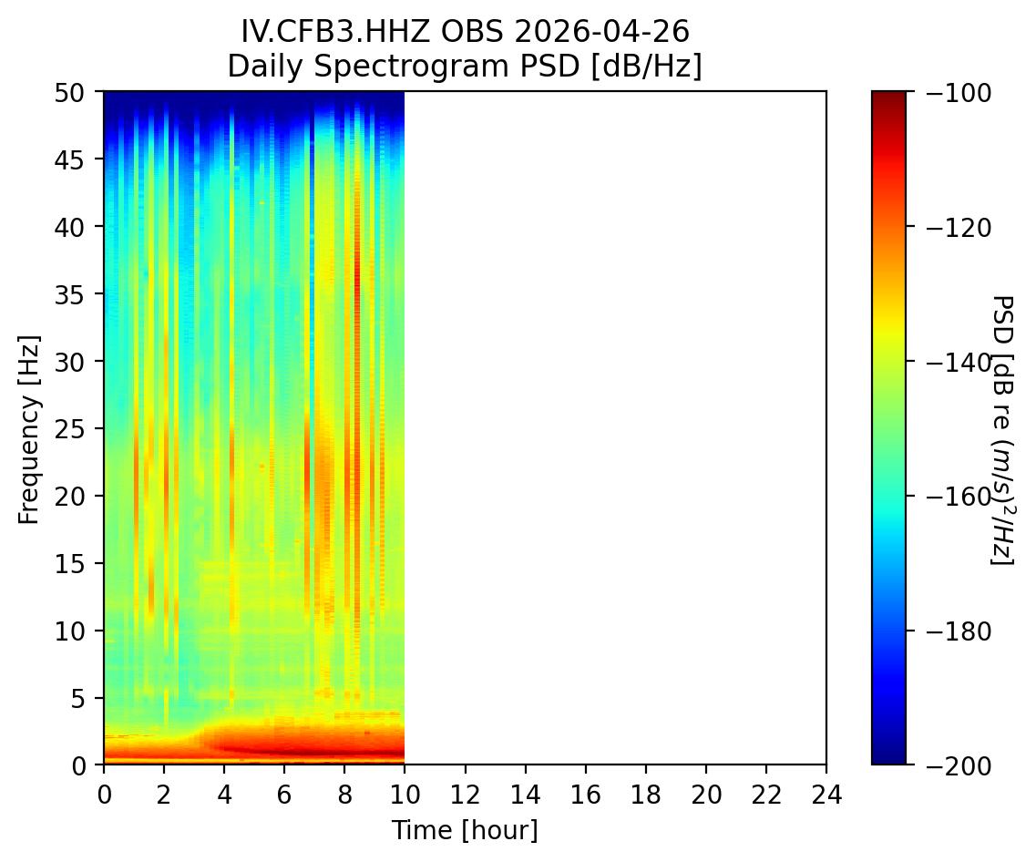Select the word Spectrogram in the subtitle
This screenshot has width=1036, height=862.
coord(386,67)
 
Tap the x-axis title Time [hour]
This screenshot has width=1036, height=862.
coord(465,830)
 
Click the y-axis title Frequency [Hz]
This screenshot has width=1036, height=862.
coord(29,428)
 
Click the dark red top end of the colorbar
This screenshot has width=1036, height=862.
coord(888,96)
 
